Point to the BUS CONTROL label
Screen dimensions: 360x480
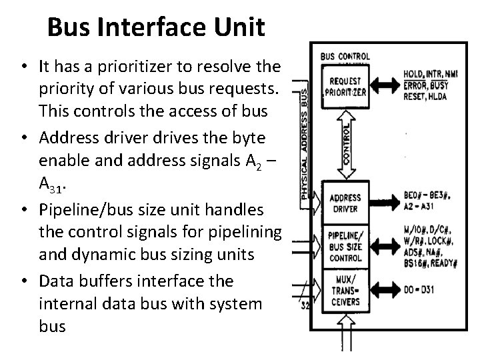point(346,56)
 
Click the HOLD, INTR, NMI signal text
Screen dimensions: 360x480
point(429,74)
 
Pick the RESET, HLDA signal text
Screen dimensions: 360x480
point(423,94)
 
